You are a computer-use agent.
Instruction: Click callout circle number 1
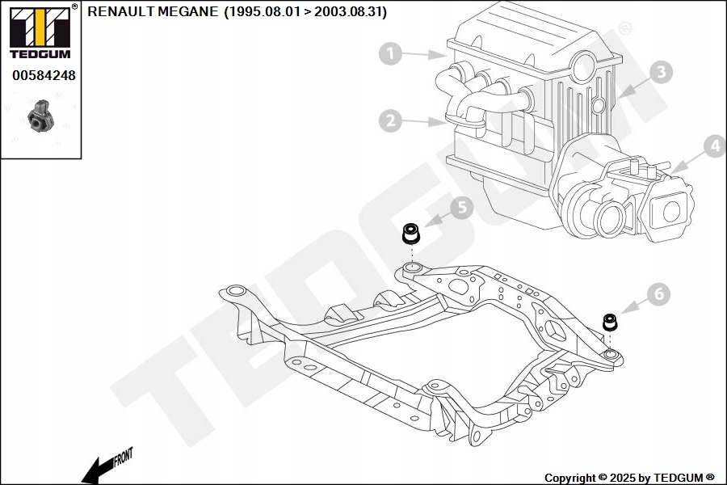click(390, 54)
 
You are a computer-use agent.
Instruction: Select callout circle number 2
click(390, 121)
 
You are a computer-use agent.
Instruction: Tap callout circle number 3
click(660, 72)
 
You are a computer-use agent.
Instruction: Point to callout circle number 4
click(713, 146)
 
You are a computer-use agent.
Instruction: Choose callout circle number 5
click(461, 208)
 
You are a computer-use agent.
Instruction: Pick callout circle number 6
click(658, 295)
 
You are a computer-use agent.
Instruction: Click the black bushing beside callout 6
click(611, 323)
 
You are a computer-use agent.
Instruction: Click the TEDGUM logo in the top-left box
click(40, 33)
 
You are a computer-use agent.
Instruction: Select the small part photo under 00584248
click(40, 116)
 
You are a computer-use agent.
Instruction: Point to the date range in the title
click(305, 11)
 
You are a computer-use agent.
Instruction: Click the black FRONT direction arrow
click(95, 470)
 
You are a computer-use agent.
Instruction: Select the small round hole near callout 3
click(599, 105)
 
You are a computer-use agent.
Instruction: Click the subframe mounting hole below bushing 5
click(412, 267)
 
